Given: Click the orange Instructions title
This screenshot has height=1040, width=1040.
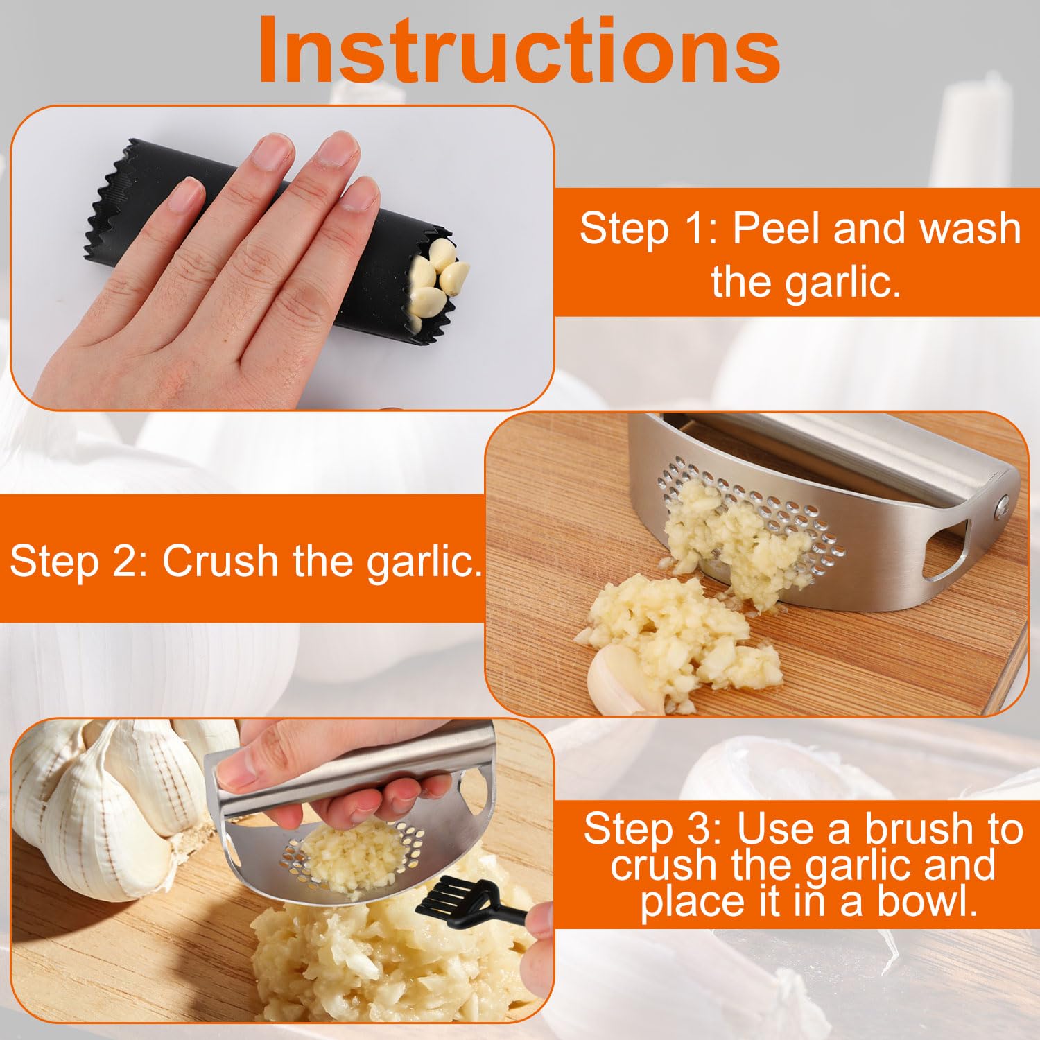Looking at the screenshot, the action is (x=520, y=50).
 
